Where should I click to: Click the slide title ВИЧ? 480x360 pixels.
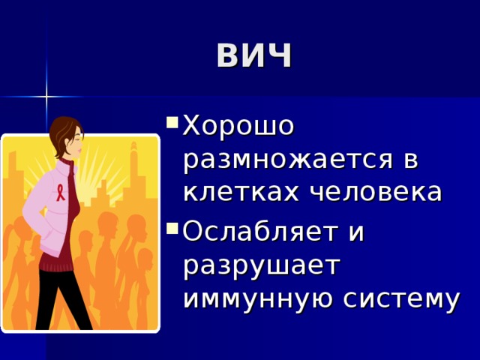254,55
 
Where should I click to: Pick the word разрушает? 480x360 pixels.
262,265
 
